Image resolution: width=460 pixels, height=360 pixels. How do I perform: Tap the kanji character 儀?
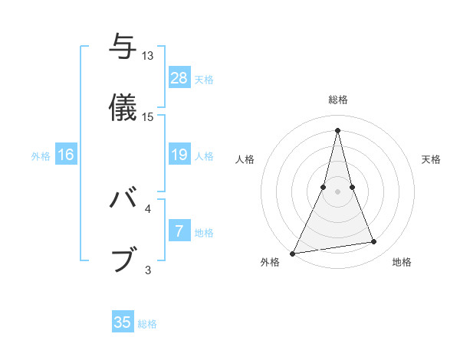coord(123,106)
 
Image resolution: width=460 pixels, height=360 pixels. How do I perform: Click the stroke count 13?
coord(148,56)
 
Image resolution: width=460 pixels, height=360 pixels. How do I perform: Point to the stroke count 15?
coord(148,117)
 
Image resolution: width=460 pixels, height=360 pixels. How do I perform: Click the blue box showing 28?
coord(179,78)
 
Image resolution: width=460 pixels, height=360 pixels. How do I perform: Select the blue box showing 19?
coord(179,155)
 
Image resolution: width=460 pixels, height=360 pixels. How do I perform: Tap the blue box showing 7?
coord(179,231)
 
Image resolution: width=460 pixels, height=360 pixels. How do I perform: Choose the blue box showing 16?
coord(66,155)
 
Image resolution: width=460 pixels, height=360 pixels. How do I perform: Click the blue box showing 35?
coord(123,322)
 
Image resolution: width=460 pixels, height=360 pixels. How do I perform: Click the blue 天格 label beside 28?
coord(204,80)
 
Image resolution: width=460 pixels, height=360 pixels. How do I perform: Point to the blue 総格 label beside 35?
coord(147,324)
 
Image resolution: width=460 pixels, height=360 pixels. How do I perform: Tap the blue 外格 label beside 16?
coord(41,156)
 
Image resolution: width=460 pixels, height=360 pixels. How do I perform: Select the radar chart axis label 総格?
coord(338,100)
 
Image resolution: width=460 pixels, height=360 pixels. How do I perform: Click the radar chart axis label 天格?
coord(432,159)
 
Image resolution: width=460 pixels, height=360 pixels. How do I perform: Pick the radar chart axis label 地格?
coord(402,263)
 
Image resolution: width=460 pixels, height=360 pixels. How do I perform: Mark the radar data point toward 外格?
coord(293,253)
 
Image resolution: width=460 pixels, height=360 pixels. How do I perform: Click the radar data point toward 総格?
coord(337,129)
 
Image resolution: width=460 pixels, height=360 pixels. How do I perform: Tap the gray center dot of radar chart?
coord(337,191)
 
